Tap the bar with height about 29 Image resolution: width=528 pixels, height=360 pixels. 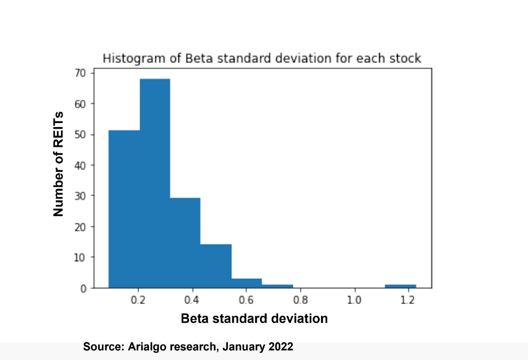pos(185,243)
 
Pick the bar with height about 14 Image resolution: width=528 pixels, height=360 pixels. pos(216,266)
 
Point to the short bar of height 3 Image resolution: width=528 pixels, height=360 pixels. pos(247,283)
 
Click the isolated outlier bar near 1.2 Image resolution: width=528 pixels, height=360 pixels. pos(401,286)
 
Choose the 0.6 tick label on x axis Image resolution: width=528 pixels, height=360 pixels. pos(247,300)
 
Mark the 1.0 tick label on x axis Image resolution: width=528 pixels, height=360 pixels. pos(354,300)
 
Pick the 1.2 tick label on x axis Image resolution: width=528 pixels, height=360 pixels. pos(408,300)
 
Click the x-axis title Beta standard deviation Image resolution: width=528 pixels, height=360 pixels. pos(254,318)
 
